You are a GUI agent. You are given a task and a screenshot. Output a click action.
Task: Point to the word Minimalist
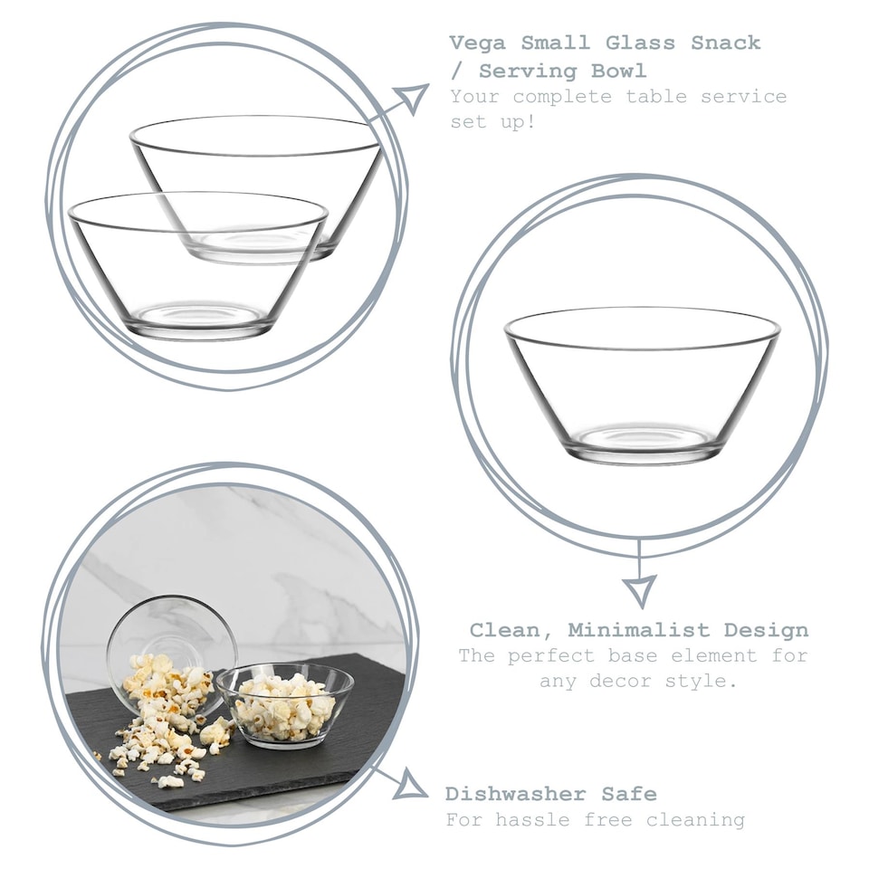coord(638,630)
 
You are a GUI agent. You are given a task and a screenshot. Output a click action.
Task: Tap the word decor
coord(621,681)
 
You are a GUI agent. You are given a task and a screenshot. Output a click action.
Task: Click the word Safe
coord(629,794)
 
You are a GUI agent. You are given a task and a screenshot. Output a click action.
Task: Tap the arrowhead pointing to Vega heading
coord(413,97)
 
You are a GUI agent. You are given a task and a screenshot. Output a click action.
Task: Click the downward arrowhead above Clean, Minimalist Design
coord(639,589)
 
